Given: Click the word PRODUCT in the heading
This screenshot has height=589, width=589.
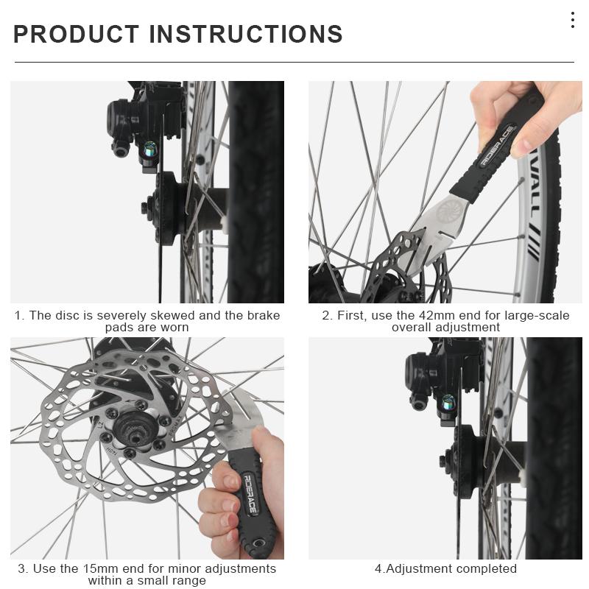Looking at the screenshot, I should [76, 34].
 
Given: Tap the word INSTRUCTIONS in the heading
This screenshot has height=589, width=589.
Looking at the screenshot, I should [246, 34].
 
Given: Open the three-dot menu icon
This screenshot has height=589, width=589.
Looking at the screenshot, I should [572, 20].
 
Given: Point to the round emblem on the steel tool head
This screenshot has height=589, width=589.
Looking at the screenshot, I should [447, 214].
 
